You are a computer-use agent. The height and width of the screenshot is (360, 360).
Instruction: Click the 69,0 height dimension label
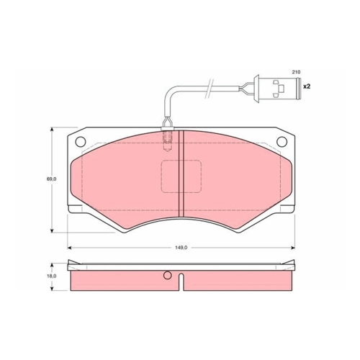pyautogui.click(x=52, y=179)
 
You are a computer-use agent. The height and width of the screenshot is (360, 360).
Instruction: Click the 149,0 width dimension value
pyautogui.click(x=181, y=248)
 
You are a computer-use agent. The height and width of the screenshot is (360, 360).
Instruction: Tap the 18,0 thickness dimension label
pyautogui.click(x=52, y=276)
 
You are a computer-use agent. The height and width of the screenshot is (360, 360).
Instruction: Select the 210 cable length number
pyautogui.click(x=296, y=72)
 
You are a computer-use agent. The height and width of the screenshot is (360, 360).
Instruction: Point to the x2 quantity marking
pyautogui.click(x=307, y=86)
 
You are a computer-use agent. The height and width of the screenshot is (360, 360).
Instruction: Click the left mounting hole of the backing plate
pyautogui.click(x=81, y=142)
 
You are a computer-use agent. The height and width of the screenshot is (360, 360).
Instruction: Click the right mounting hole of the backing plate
pyautogui.click(x=282, y=142)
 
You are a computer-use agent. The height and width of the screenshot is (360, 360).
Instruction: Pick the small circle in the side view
pyautogui.click(x=168, y=275)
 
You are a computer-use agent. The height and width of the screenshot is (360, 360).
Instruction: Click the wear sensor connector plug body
pyautogui.click(x=279, y=89)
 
